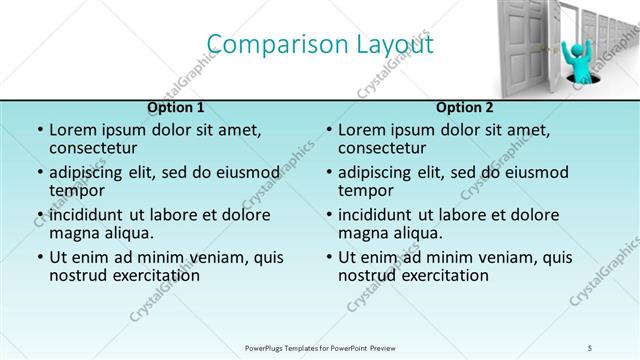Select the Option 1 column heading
tap(176, 108)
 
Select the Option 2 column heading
tap(464, 108)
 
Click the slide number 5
tap(591, 348)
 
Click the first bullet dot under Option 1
tap(39, 130)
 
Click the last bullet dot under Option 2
tap(328, 257)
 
